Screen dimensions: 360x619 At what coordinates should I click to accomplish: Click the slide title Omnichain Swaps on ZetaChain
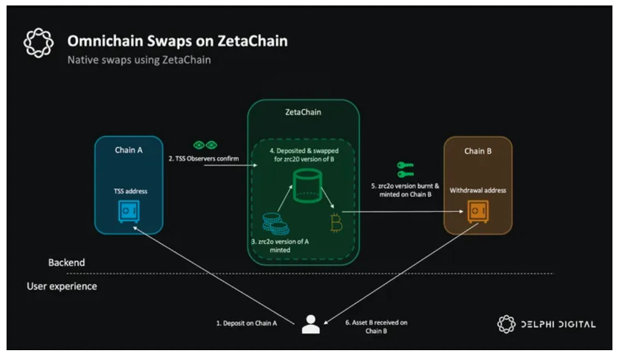177,41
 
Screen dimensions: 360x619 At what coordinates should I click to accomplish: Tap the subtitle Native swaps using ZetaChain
139,60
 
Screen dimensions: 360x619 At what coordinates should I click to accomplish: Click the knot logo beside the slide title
38,43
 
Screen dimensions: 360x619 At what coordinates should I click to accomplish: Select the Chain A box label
129,150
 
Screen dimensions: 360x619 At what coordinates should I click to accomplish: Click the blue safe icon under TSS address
129,212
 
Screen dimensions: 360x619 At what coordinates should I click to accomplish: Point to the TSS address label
130,191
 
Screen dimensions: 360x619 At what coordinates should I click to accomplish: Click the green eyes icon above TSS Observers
206,145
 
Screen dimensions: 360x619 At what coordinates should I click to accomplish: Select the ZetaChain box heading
303,112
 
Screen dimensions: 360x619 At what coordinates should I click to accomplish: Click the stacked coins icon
276,223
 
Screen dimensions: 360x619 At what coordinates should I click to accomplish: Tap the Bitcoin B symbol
336,223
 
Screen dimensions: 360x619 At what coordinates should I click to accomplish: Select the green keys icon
405,170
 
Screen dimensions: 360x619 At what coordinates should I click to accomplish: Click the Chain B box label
477,151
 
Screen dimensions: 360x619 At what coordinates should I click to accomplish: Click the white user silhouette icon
311,324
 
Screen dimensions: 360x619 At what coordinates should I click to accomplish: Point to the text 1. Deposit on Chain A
246,323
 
